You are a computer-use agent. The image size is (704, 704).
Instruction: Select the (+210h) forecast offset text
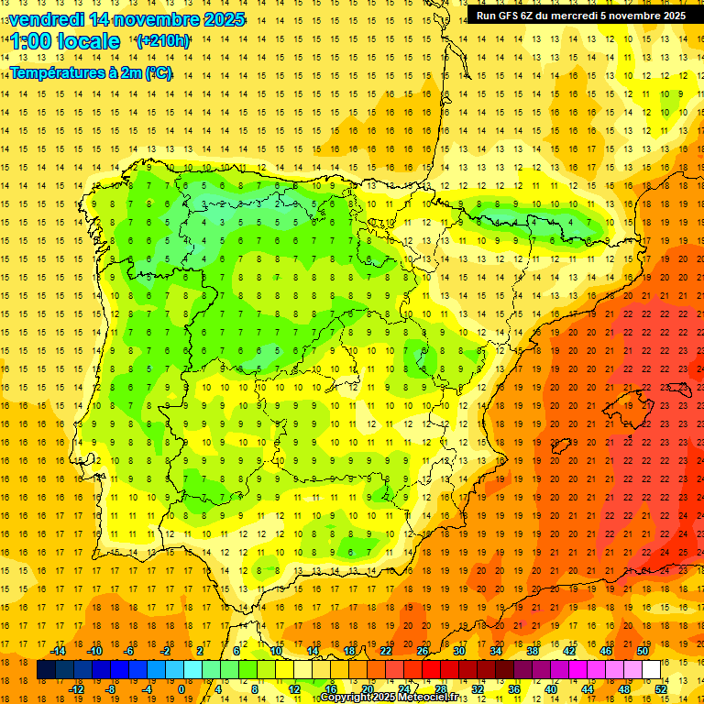(x=162, y=41)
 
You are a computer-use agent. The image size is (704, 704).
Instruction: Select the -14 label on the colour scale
(x=58, y=651)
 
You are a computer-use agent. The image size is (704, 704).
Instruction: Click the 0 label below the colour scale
(x=181, y=689)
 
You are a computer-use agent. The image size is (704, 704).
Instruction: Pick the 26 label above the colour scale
(x=423, y=651)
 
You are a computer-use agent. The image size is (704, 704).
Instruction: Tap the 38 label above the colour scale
(x=533, y=651)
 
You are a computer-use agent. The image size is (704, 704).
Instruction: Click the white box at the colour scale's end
(x=652, y=670)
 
